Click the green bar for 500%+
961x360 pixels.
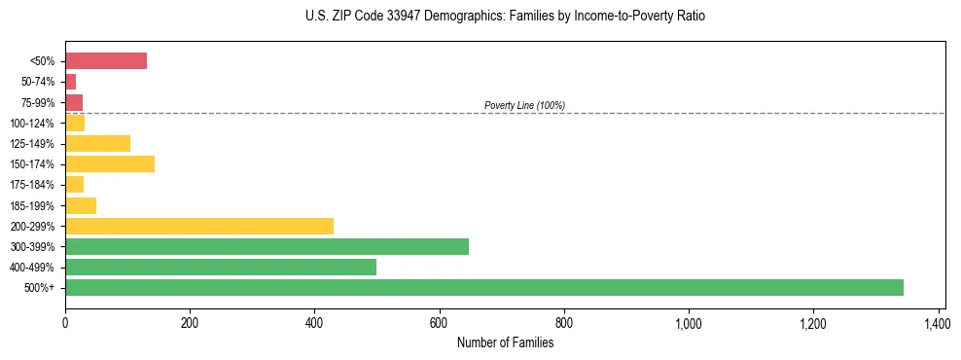(x=483, y=288)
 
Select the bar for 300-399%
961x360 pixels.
(x=267, y=246)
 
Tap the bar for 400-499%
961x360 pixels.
(x=221, y=268)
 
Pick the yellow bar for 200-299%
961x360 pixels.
(x=199, y=226)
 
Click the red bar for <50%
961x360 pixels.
(x=106, y=61)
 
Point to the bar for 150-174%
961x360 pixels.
(x=110, y=164)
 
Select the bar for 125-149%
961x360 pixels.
(x=97, y=144)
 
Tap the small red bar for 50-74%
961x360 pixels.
(x=70, y=82)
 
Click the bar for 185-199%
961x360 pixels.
(x=81, y=205)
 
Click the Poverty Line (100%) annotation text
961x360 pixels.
(x=524, y=105)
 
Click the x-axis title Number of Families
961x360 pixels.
(x=505, y=342)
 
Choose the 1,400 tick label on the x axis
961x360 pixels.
(x=937, y=322)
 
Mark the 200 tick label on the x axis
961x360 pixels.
(x=190, y=322)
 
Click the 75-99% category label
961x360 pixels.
(x=38, y=103)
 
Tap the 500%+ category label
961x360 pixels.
(x=40, y=288)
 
